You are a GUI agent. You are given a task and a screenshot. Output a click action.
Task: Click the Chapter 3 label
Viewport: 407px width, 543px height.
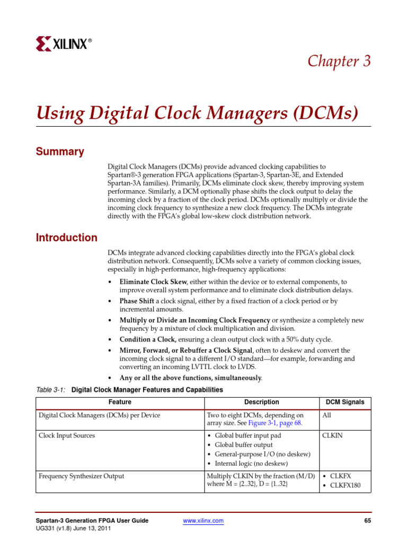click(339, 61)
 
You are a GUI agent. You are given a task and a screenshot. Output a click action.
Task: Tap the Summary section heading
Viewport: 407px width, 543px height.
click(60, 152)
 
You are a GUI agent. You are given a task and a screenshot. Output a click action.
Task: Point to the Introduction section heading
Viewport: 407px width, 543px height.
click(66, 238)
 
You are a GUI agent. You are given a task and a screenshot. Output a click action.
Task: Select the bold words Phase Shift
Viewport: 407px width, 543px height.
click(137, 301)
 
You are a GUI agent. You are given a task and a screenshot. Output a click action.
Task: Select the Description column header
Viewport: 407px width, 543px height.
click(261, 402)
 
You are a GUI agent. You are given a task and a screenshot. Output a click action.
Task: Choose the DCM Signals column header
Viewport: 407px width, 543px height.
click(344, 402)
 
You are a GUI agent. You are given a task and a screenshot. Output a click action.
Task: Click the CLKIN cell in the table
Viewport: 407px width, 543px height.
click(333, 435)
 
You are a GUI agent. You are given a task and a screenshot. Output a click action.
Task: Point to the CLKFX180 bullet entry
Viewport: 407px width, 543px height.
click(345, 485)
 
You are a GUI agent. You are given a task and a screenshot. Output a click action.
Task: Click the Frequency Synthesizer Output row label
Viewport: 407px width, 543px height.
click(82, 476)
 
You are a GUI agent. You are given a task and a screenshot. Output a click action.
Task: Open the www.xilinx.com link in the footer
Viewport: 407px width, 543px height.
click(203, 521)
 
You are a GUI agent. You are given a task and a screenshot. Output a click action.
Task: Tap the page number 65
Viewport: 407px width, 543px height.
click(367, 521)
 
